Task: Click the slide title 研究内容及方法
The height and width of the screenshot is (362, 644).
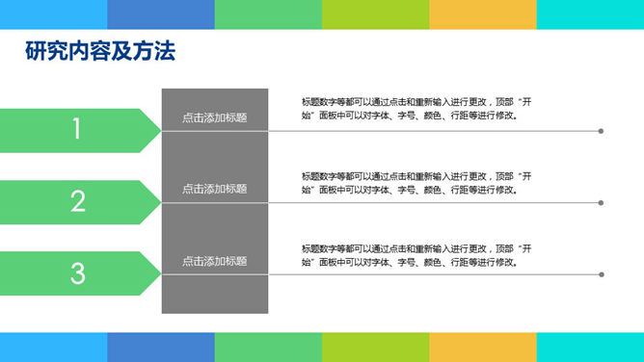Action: tap(100, 53)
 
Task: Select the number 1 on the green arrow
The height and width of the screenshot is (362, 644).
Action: tap(77, 130)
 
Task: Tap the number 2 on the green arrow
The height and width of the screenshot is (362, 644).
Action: tap(77, 201)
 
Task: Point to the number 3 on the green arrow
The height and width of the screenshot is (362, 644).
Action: tap(77, 273)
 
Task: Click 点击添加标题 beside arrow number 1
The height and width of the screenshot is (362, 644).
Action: tap(214, 117)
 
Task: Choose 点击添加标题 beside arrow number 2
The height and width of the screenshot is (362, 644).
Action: tap(214, 189)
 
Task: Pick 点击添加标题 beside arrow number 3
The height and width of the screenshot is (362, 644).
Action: tap(214, 261)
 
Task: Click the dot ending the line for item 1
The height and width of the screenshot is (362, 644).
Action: tap(601, 131)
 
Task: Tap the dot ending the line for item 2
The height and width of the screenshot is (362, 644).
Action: tap(601, 203)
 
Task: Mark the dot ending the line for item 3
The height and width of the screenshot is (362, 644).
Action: tap(601, 274)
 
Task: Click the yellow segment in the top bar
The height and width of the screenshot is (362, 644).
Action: tap(482, 14)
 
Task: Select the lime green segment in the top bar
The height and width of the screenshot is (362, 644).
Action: tap(375, 14)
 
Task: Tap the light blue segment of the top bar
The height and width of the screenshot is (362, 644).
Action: tap(53, 14)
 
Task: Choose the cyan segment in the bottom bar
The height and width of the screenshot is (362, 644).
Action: tap(590, 347)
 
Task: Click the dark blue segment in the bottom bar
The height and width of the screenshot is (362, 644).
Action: tap(160, 347)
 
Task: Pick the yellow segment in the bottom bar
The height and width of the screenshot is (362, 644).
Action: tap(482, 347)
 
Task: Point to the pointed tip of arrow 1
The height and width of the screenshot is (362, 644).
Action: tap(158, 130)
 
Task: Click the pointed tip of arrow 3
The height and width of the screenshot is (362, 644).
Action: tap(158, 273)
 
